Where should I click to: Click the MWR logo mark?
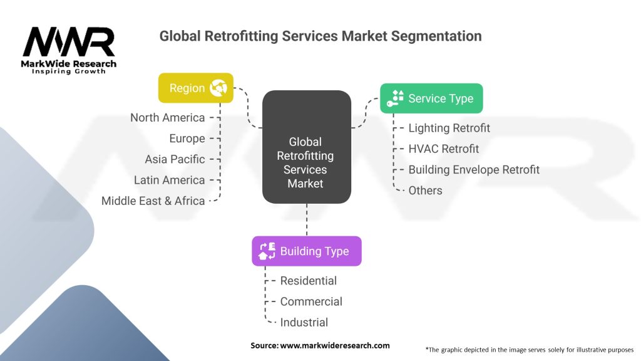click(x=69, y=41)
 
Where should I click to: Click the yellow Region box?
click(x=196, y=88)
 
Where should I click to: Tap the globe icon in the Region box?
click(x=218, y=88)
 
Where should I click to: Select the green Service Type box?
click(x=431, y=98)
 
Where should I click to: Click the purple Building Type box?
click(x=307, y=251)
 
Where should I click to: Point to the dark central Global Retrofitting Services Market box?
click(x=307, y=147)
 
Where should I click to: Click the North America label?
click(x=168, y=117)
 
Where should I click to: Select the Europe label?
click(x=187, y=139)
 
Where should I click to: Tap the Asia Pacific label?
click(x=175, y=159)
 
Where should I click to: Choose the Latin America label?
click(x=169, y=180)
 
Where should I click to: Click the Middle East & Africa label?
click(x=153, y=201)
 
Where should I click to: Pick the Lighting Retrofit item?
click(x=449, y=128)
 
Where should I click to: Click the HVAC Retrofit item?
click(x=444, y=149)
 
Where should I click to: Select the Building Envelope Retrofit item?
click(x=474, y=169)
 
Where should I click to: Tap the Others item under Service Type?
click(x=426, y=191)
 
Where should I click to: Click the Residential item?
click(x=309, y=281)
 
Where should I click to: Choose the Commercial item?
click(x=311, y=301)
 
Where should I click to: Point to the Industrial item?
click(x=304, y=323)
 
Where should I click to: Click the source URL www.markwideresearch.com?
click(x=335, y=345)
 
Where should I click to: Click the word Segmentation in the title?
click(x=436, y=36)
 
